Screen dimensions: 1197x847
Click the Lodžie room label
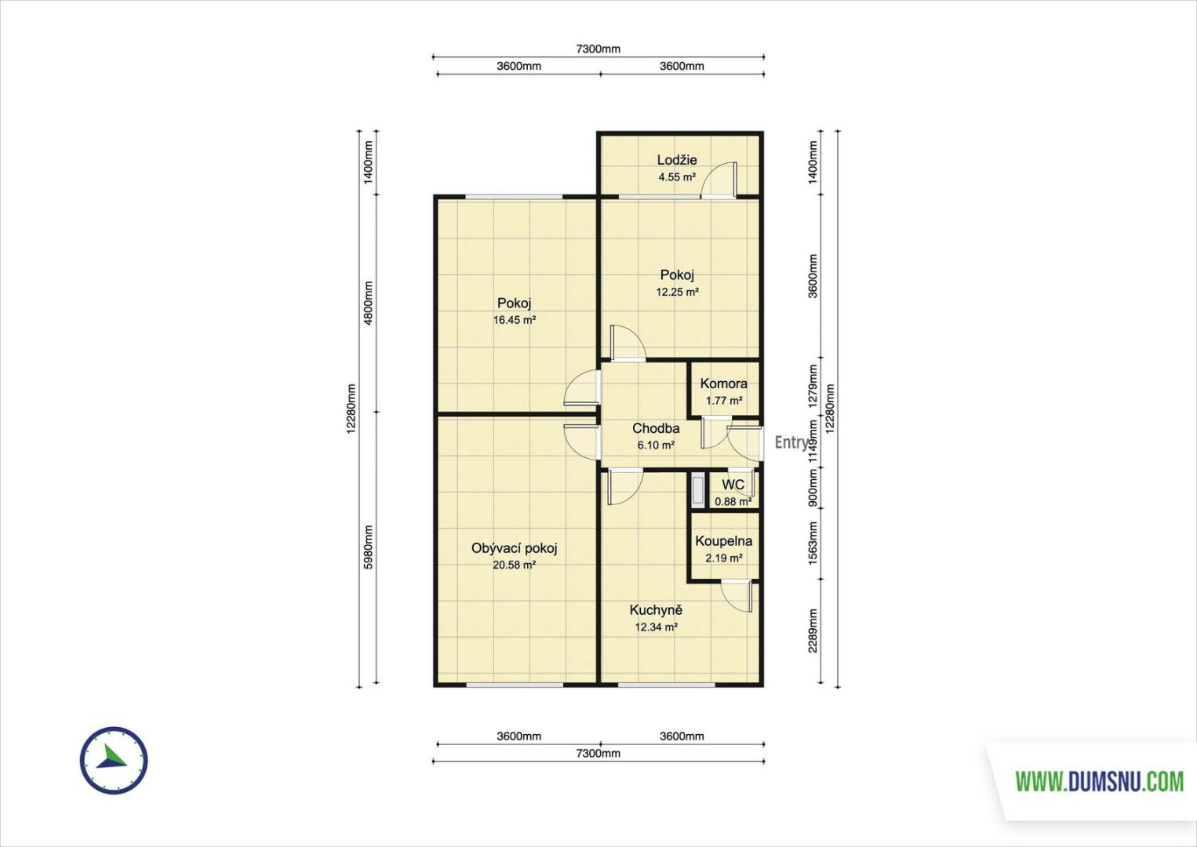point(676,159)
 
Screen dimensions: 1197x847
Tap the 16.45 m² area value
point(514,320)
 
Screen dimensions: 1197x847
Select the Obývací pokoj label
point(514,548)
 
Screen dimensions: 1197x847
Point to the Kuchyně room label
point(656,609)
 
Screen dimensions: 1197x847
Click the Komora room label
point(723,384)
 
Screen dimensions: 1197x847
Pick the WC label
point(733,485)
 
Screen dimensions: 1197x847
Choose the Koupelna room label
point(723,541)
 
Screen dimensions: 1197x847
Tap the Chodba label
point(656,428)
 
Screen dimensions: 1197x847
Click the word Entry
point(791,442)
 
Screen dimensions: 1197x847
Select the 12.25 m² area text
point(677,292)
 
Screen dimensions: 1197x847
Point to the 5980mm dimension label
point(368,547)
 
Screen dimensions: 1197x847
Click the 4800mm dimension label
point(368,303)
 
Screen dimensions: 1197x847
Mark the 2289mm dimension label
point(813,631)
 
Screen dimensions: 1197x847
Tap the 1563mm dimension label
point(813,543)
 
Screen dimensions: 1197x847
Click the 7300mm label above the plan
point(598,49)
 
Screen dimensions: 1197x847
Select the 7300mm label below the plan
point(598,754)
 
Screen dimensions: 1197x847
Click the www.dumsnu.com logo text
point(1099,782)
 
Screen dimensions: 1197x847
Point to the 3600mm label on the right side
point(813,276)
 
